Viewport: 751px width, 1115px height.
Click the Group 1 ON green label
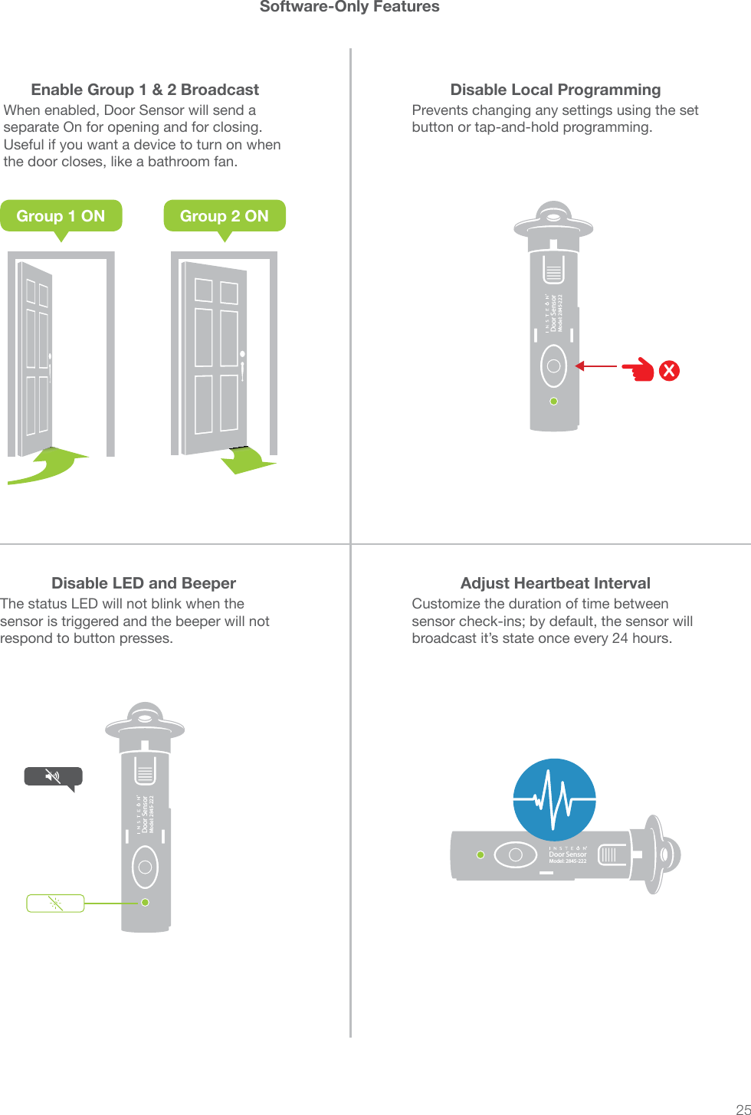coord(61,216)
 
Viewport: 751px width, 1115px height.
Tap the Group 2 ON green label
coord(224,216)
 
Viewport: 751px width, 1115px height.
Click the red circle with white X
coord(669,371)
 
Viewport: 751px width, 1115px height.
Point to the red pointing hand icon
coord(638,370)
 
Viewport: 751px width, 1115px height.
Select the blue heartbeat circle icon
coord(554,799)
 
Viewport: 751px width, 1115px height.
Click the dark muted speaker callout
coord(53,777)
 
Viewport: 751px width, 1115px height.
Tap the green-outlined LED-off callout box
coord(55,903)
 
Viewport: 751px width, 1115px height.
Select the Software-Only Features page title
coord(349,8)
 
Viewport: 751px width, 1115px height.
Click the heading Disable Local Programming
coord(555,90)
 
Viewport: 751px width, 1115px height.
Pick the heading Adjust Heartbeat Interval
coord(555,583)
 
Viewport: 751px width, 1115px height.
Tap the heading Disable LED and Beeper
coord(143,583)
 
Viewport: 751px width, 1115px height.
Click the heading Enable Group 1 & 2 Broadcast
coord(145,90)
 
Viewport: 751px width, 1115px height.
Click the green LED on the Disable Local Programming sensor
coord(554,401)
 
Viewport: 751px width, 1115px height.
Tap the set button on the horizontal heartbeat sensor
coord(515,854)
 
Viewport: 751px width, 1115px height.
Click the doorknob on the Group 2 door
coord(242,355)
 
